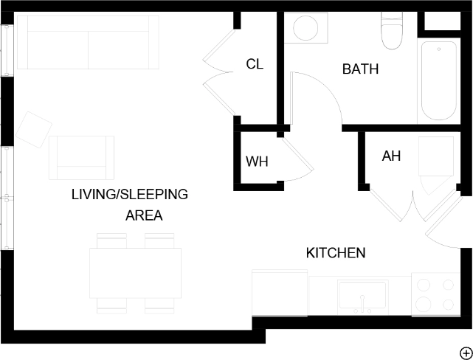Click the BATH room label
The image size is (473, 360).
tap(361, 69)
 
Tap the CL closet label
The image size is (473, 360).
tap(255, 64)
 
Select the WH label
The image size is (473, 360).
tap(257, 162)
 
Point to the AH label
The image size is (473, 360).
tap(391, 156)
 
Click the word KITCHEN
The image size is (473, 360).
tap(336, 253)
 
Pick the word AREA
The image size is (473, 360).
tap(144, 215)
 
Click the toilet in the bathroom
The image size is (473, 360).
tap(392, 30)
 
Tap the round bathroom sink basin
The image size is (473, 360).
tap(305, 28)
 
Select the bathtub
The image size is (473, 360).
tap(439, 81)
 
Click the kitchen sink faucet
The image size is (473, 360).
tap(362, 304)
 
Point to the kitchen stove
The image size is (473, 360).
tap(435, 294)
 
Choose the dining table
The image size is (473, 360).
tap(136, 273)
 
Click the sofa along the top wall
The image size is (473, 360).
tap(88, 42)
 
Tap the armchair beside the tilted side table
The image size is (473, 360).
tap(81, 158)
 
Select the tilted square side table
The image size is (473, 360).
tap(34, 130)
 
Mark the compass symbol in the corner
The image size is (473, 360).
tap(466, 353)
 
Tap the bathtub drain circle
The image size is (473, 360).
tap(439, 49)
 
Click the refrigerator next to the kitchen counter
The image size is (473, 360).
tap(280, 293)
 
